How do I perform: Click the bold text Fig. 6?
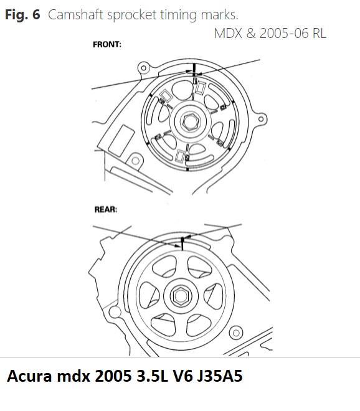point(22,14)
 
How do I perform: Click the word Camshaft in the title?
point(75,14)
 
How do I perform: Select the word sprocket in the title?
point(131,15)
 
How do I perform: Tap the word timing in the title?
point(178,15)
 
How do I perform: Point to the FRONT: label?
point(107,44)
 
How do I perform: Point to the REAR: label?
point(106,209)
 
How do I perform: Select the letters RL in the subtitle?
point(319,33)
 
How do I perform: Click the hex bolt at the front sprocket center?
point(191,122)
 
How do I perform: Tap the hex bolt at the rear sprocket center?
point(181,296)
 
